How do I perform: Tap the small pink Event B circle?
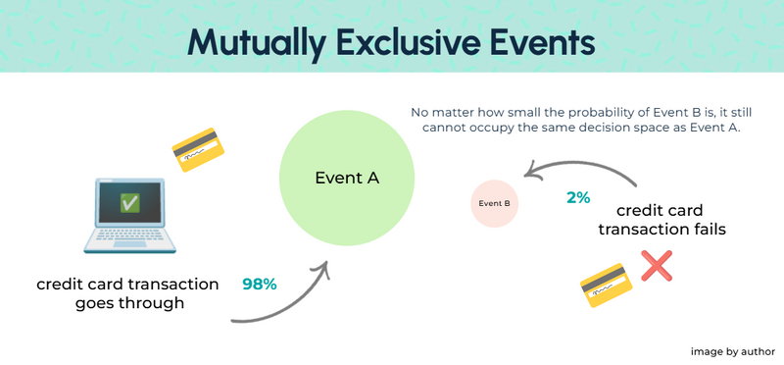494,204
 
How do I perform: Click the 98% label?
260,285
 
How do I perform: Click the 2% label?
578,197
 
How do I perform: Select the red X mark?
656,266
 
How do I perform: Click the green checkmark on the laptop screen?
128,203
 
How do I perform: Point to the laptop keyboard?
129,240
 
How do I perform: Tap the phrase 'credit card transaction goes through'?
127,293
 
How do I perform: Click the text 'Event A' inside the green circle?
346,179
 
